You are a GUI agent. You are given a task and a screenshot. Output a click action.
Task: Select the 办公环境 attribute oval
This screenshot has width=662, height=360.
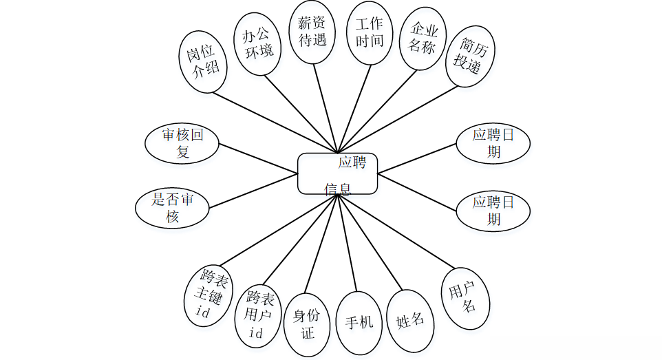pos(257,43)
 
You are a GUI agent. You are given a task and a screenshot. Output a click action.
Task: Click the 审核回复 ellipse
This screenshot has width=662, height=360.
pos(182,143)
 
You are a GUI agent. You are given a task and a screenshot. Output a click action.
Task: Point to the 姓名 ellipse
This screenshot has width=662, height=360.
pos(410,320)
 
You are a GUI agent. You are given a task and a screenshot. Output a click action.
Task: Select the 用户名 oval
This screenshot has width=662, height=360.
pos(465,297)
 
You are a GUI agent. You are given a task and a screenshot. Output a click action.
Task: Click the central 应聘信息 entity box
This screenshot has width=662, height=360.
pos(337,173)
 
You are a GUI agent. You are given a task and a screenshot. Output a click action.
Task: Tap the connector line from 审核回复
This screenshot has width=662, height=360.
pos(258,157)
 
